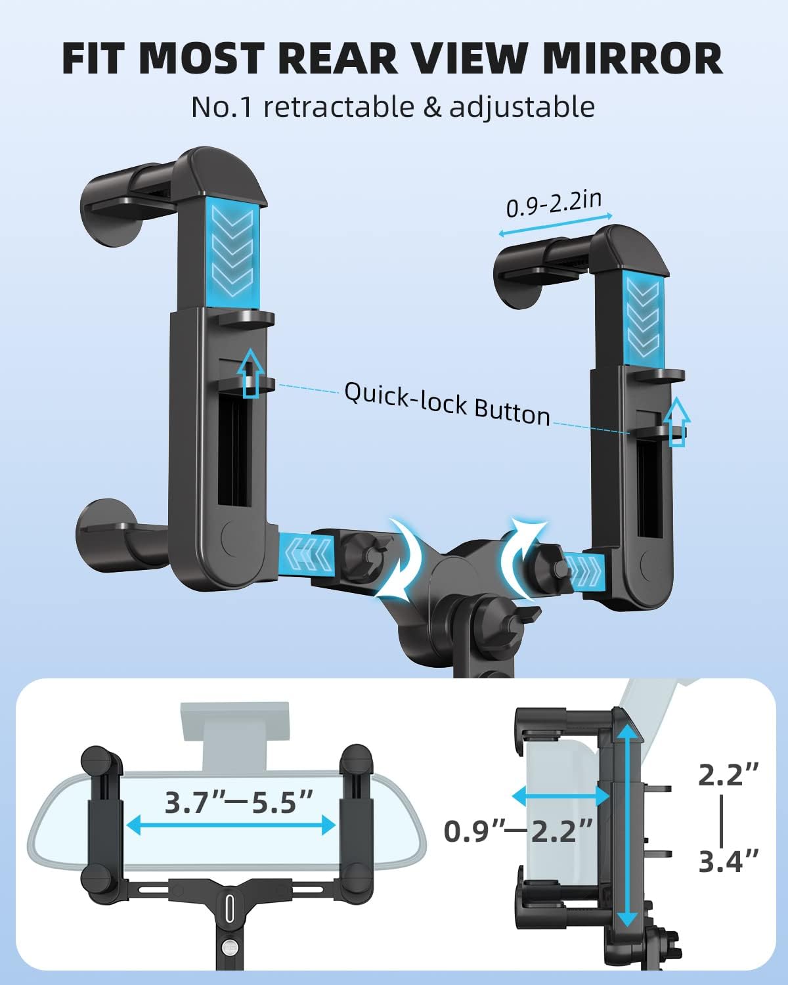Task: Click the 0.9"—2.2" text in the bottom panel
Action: tap(519, 831)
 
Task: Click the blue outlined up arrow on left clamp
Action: tap(250, 373)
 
